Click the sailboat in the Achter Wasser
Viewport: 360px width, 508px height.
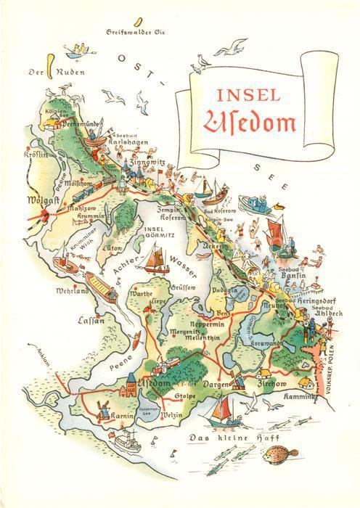pyautogui.click(x=157, y=258)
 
